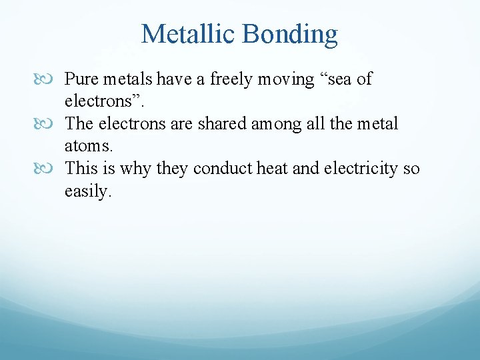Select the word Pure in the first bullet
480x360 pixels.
tap(79, 79)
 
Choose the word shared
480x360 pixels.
tap(221, 124)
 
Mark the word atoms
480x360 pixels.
tap(84, 146)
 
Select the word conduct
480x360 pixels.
tap(223, 169)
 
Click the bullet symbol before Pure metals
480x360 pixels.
tap(53, 79)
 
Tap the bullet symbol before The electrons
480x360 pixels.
tap(53, 124)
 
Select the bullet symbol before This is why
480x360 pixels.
tap(53, 169)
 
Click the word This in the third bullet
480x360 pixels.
tap(79, 169)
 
